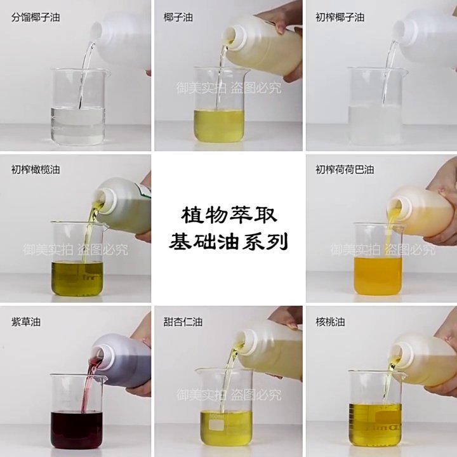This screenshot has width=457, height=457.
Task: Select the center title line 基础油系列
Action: [x=229, y=241]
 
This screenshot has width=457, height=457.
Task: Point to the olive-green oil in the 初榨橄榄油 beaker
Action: [x=77, y=276]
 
